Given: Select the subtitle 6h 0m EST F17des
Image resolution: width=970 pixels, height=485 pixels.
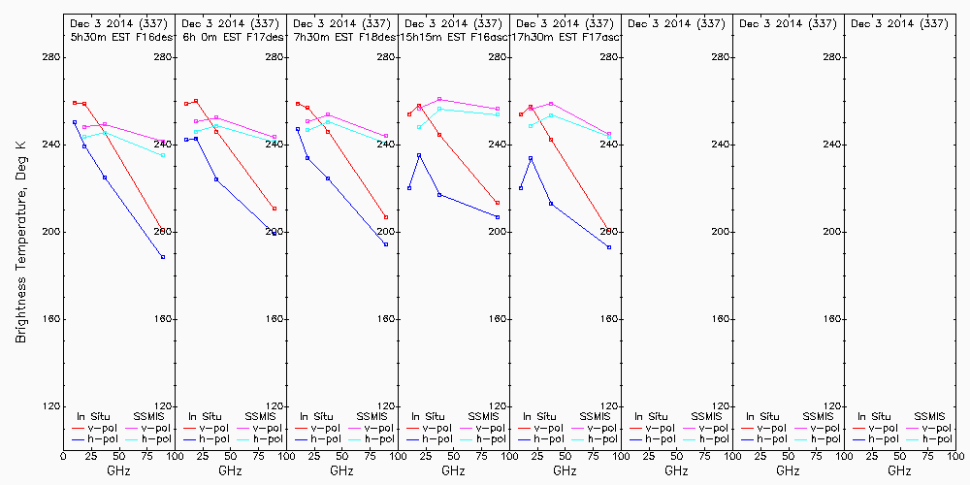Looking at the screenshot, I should pyautogui.click(x=231, y=37).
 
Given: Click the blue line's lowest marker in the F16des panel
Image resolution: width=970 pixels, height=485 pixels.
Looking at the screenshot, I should pyautogui.click(x=163, y=257).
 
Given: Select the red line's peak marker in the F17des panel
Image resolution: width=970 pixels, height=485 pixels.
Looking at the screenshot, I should pyautogui.click(x=196, y=101).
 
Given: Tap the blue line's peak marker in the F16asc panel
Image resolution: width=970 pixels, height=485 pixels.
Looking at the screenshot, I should pyautogui.click(x=419, y=155).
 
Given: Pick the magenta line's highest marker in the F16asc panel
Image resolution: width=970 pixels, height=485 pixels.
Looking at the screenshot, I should pyautogui.click(x=439, y=99).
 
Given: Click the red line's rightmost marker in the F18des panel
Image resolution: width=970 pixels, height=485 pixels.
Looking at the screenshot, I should pyautogui.click(x=386, y=217).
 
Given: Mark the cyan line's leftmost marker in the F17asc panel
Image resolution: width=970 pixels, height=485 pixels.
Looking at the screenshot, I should pyautogui.click(x=531, y=126).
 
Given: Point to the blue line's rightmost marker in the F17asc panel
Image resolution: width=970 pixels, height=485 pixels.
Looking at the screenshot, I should pyautogui.click(x=609, y=247).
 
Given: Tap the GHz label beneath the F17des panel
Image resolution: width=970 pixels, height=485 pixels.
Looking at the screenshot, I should pyautogui.click(x=230, y=470).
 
